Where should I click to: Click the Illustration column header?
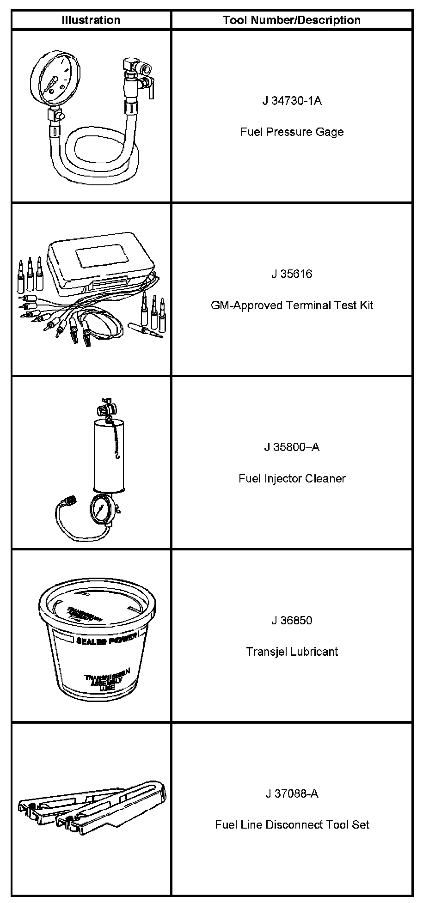pyautogui.click(x=91, y=20)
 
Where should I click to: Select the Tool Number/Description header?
pyautogui.click(x=291, y=20)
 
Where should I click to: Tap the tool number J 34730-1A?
pyautogui.click(x=292, y=101)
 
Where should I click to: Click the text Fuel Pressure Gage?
pyautogui.click(x=292, y=132)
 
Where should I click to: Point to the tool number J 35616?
pyautogui.click(x=292, y=274)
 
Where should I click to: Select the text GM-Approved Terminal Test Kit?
pyautogui.click(x=292, y=305)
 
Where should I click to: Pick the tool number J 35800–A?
pyautogui.click(x=292, y=447)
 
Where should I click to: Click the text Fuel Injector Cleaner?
pyautogui.click(x=292, y=478)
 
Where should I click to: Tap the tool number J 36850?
pyautogui.click(x=292, y=621)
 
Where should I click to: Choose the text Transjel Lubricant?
pyautogui.click(x=292, y=652)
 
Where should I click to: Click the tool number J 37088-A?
pyautogui.click(x=292, y=794)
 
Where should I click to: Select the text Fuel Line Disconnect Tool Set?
pyautogui.click(x=292, y=825)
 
